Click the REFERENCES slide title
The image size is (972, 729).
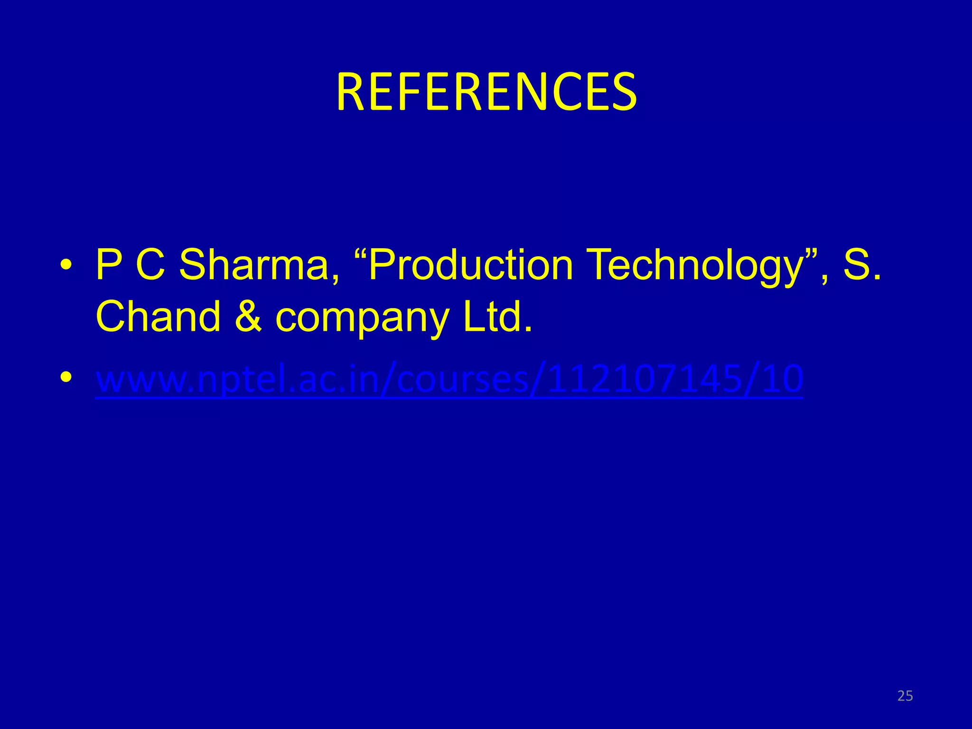coord(486,92)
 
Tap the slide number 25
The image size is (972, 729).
coord(905,696)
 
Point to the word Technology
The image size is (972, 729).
coord(695,266)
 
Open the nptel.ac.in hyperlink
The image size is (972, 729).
coord(449,379)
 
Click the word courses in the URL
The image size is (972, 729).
coord(460,380)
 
